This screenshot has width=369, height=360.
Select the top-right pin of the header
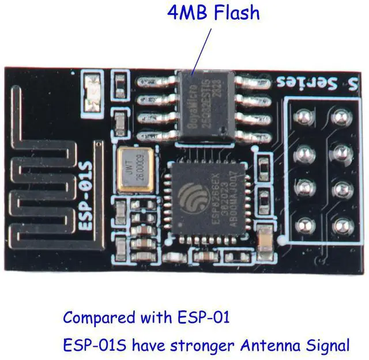point(338,119)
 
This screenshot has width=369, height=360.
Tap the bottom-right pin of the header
point(338,225)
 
